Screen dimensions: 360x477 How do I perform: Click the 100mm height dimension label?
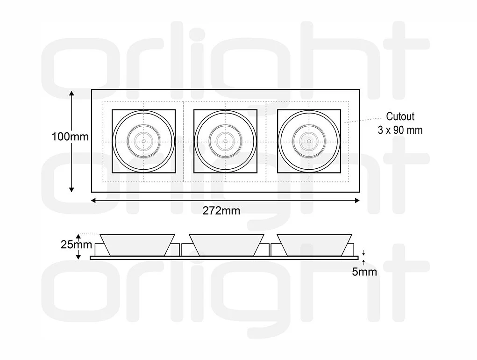(70, 137)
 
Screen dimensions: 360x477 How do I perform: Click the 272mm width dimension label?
(221, 211)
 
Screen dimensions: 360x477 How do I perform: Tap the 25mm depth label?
(70, 244)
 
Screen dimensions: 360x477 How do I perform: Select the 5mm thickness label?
(364, 272)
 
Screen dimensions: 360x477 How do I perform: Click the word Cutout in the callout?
(400, 116)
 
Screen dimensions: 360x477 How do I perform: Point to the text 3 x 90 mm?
(400, 130)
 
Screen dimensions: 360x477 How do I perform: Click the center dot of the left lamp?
(144, 141)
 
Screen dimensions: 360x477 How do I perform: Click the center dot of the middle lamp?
(225, 141)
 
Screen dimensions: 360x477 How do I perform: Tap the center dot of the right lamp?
(308, 141)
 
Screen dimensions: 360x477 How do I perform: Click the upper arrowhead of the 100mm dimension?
(71, 93)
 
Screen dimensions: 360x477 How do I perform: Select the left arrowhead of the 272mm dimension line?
(93, 201)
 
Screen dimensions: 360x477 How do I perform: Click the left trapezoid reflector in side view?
(138, 244)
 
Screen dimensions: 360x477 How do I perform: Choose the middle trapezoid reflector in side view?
(226, 244)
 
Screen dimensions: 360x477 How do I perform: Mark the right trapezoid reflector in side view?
(314, 244)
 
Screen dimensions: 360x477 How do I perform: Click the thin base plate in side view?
(224, 258)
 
